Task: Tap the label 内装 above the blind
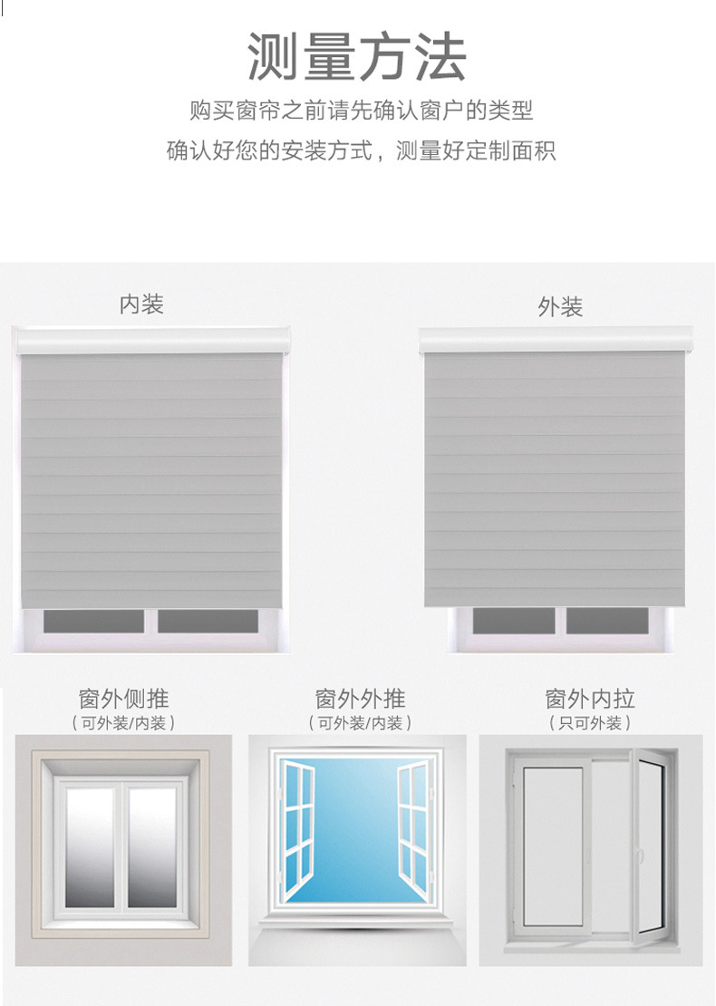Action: coord(141,305)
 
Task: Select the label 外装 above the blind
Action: coord(559,307)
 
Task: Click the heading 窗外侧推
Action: coord(123,699)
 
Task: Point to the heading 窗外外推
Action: coord(360,699)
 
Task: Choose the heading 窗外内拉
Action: coord(590,699)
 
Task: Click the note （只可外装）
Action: coord(590,723)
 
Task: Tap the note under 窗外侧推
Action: coord(123,723)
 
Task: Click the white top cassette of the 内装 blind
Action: coord(152,341)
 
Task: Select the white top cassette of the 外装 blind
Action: coord(556,341)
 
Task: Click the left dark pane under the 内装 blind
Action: coord(94,621)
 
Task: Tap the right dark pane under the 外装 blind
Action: coord(607,621)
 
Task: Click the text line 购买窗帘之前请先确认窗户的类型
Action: coord(361,111)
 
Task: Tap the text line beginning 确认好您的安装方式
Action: coord(361,150)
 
